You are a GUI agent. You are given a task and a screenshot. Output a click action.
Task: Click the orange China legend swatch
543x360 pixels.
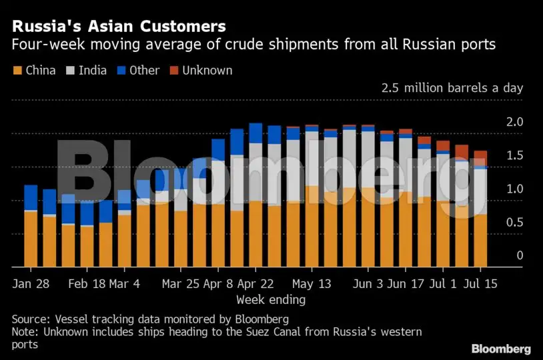(17, 70)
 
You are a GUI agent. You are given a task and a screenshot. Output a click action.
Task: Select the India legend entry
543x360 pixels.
(92, 70)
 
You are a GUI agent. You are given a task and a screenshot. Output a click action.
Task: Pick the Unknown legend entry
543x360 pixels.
(207, 70)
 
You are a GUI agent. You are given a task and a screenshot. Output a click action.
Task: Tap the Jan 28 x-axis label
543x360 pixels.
(31, 283)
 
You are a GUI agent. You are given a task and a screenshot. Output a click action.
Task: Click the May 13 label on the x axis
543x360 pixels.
(312, 283)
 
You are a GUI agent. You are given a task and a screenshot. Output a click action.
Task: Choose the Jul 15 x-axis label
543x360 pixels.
(481, 283)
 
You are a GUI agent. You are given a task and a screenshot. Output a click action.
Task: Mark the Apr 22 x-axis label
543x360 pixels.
(256, 283)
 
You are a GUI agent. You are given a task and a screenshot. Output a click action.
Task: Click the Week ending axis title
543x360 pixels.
(271, 300)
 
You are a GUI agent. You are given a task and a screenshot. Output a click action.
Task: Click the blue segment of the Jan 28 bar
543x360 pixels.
(31, 197)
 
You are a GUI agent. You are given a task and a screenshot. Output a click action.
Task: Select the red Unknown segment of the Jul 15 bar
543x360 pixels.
(480, 157)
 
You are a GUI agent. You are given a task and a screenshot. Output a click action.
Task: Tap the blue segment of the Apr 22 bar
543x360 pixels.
(255, 133)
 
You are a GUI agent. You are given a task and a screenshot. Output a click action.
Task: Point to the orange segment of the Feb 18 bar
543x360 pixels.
(87, 247)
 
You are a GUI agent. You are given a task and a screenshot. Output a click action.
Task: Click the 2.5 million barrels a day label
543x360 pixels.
(452, 88)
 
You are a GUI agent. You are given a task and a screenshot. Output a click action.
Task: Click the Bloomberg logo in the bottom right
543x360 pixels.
(501, 349)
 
